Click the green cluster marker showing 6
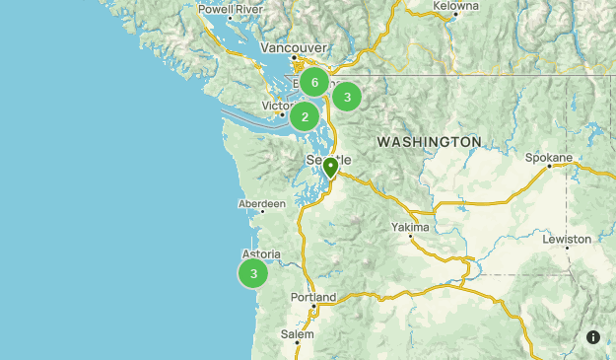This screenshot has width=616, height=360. (x=314, y=83)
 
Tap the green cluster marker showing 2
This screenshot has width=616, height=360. (x=305, y=117)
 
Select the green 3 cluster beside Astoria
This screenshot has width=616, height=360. (x=253, y=273)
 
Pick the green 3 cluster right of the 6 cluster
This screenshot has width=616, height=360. (x=347, y=97)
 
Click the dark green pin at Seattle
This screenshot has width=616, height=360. (x=330, y=168)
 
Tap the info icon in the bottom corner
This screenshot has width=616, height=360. (x=593, y=337)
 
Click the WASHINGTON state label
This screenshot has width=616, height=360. (x=429, y=143)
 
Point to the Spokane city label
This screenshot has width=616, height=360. (x=549, y=157)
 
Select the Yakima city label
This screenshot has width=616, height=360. (x=411, y=227)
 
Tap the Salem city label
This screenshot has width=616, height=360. (x=297, y=334)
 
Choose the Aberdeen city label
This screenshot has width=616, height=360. (x=261, y=204)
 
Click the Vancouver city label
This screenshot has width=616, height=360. (x=294, y=46)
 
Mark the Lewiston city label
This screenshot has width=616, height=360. (x=567, y=239)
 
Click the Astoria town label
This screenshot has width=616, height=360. (x=261, y=253)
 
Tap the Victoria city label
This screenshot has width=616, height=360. (x=279, y=106)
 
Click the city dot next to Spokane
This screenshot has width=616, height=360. (x=550, y=167)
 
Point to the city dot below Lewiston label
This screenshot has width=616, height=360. (x=568, y=249)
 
